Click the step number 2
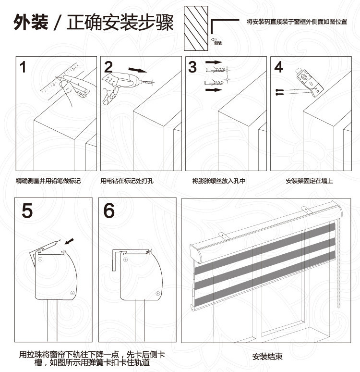point(108,67)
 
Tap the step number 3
point(193,67)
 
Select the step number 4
point(278,67)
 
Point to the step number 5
point(28,211)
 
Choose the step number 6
point(110,211)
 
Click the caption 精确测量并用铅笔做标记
point(48,181)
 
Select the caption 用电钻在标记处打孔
point(129,181)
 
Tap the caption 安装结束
point(267,357)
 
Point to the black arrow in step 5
point(70,239)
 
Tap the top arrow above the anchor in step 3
point(214,63)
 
